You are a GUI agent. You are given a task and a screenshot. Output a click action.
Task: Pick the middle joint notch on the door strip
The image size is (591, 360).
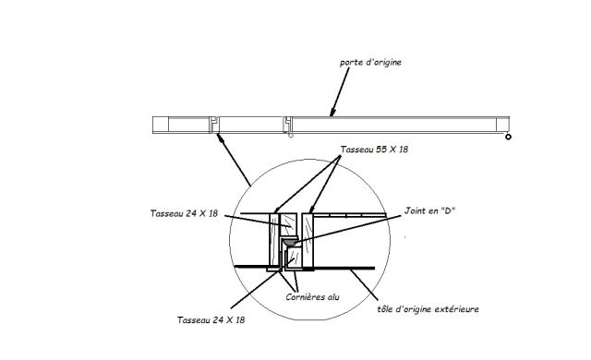pyautogui.click(x=288, y=123)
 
